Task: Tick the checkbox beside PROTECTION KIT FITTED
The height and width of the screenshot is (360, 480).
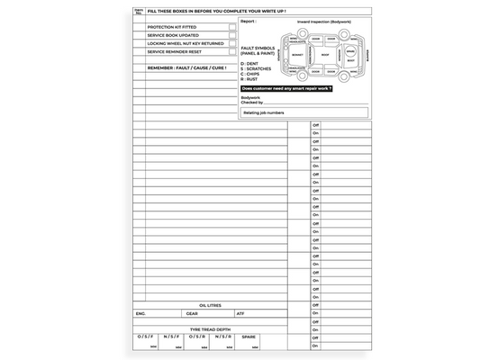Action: tap(231, 27)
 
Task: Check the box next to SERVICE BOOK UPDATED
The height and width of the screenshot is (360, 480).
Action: tap(231, 35)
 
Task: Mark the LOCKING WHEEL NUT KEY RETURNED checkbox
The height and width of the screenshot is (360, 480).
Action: tap(231, 43)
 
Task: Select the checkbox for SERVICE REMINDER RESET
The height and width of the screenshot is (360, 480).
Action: tap(231, 51)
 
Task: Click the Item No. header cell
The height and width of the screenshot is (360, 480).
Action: tap(139, 10)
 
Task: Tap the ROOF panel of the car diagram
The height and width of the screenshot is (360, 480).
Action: tap(325, 54)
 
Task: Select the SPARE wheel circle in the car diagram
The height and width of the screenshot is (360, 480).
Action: tap(350, 52)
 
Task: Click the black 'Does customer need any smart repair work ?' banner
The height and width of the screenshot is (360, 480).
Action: tap(287, 89)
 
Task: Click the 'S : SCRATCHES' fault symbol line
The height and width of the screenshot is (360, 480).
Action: tap(254, 69)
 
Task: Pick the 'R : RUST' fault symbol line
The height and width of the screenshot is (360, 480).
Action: tap(249, 79)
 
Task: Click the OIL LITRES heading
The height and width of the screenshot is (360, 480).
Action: tap(210, 306)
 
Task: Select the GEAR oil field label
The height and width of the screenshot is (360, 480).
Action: tap(192, 314)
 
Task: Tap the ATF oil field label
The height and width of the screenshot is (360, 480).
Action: tap(240, 314)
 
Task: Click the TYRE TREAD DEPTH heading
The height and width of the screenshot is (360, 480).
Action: tap(210, 329)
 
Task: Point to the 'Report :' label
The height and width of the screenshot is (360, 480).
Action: tap(249, 20)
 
